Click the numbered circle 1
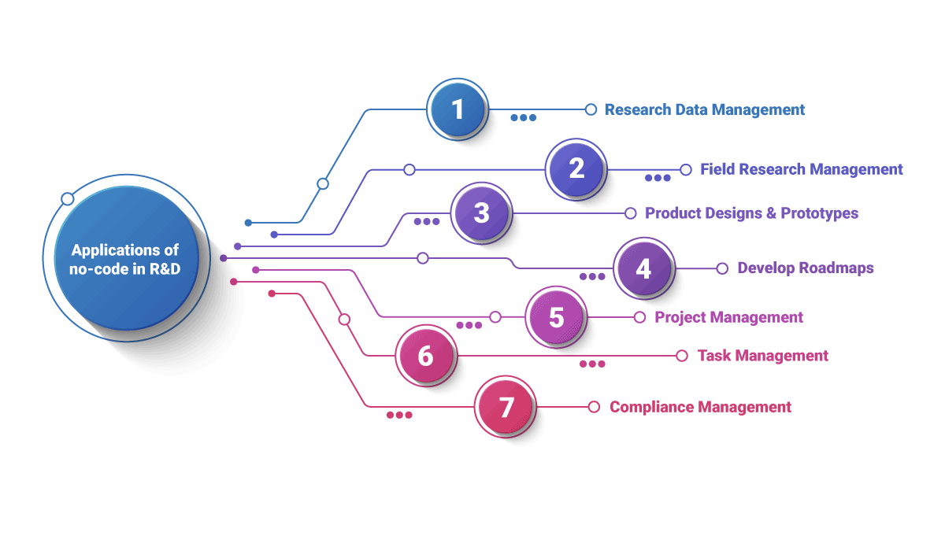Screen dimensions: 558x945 [458, 109]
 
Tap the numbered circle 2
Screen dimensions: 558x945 [576, 168]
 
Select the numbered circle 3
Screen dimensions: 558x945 [481, 212]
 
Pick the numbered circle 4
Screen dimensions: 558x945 [643, 268]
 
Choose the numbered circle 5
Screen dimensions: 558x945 [556, 317]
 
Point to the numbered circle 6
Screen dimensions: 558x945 [425, 356]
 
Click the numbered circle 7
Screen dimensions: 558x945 [506, 407]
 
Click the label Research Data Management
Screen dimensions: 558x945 [704, 109]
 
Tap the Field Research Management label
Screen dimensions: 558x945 [801, 169]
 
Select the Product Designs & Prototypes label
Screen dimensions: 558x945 [751, 213]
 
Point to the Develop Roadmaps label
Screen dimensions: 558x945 [805, 268]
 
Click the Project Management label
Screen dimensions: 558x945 [728, 317]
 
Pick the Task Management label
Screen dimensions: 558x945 [762, 356]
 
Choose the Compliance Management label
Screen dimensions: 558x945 [700, 407]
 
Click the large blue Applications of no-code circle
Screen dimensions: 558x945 [125, 259]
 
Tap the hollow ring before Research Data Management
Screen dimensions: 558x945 [591, 109]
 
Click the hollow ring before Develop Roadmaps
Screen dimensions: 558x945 [722, 268]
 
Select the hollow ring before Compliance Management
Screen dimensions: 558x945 [595, 407]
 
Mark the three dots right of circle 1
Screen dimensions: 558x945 [523, 118]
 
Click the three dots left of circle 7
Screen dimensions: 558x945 [399, 415]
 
